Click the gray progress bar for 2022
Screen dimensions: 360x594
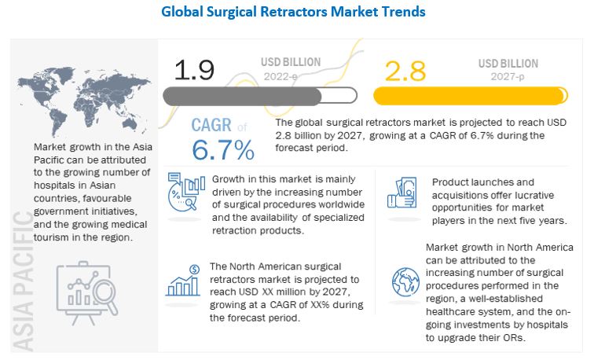[242, 96]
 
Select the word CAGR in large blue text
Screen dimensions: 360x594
[213, 126]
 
